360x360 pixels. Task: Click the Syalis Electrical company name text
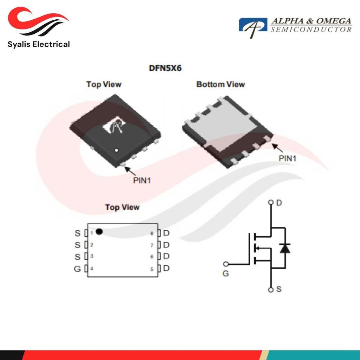click(x=39, y=44)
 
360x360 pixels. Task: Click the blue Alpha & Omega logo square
click(x=253, y=25)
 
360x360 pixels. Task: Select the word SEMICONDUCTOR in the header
click(x=311, y=30)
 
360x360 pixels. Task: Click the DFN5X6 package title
click(x=165, y=68)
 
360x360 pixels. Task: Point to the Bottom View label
click(x=221, y=84)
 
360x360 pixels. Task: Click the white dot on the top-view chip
click(x=116, y=150)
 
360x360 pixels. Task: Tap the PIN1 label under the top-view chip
click(x=142, y=180)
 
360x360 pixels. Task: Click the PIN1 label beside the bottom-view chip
click(x=288, y=159)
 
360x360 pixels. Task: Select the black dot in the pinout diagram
click(x=99, y=231)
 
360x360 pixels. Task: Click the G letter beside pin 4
click(x=77, y=269)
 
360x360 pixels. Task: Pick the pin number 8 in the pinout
click(x=152, y=233)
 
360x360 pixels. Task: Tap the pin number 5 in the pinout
click(x=152, y=269)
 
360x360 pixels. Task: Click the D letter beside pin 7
click(x=166, y=245)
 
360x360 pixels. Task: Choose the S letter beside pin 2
click(x=78, y=245)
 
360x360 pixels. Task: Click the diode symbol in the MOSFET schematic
click(x=285, y=248)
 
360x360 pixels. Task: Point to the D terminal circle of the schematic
click(x=271, y=202)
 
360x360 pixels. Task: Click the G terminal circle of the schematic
click(x=226, y=264)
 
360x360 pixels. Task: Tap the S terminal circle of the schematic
click(x=271, y=290)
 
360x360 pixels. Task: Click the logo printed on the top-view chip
click(x=115, y=125)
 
